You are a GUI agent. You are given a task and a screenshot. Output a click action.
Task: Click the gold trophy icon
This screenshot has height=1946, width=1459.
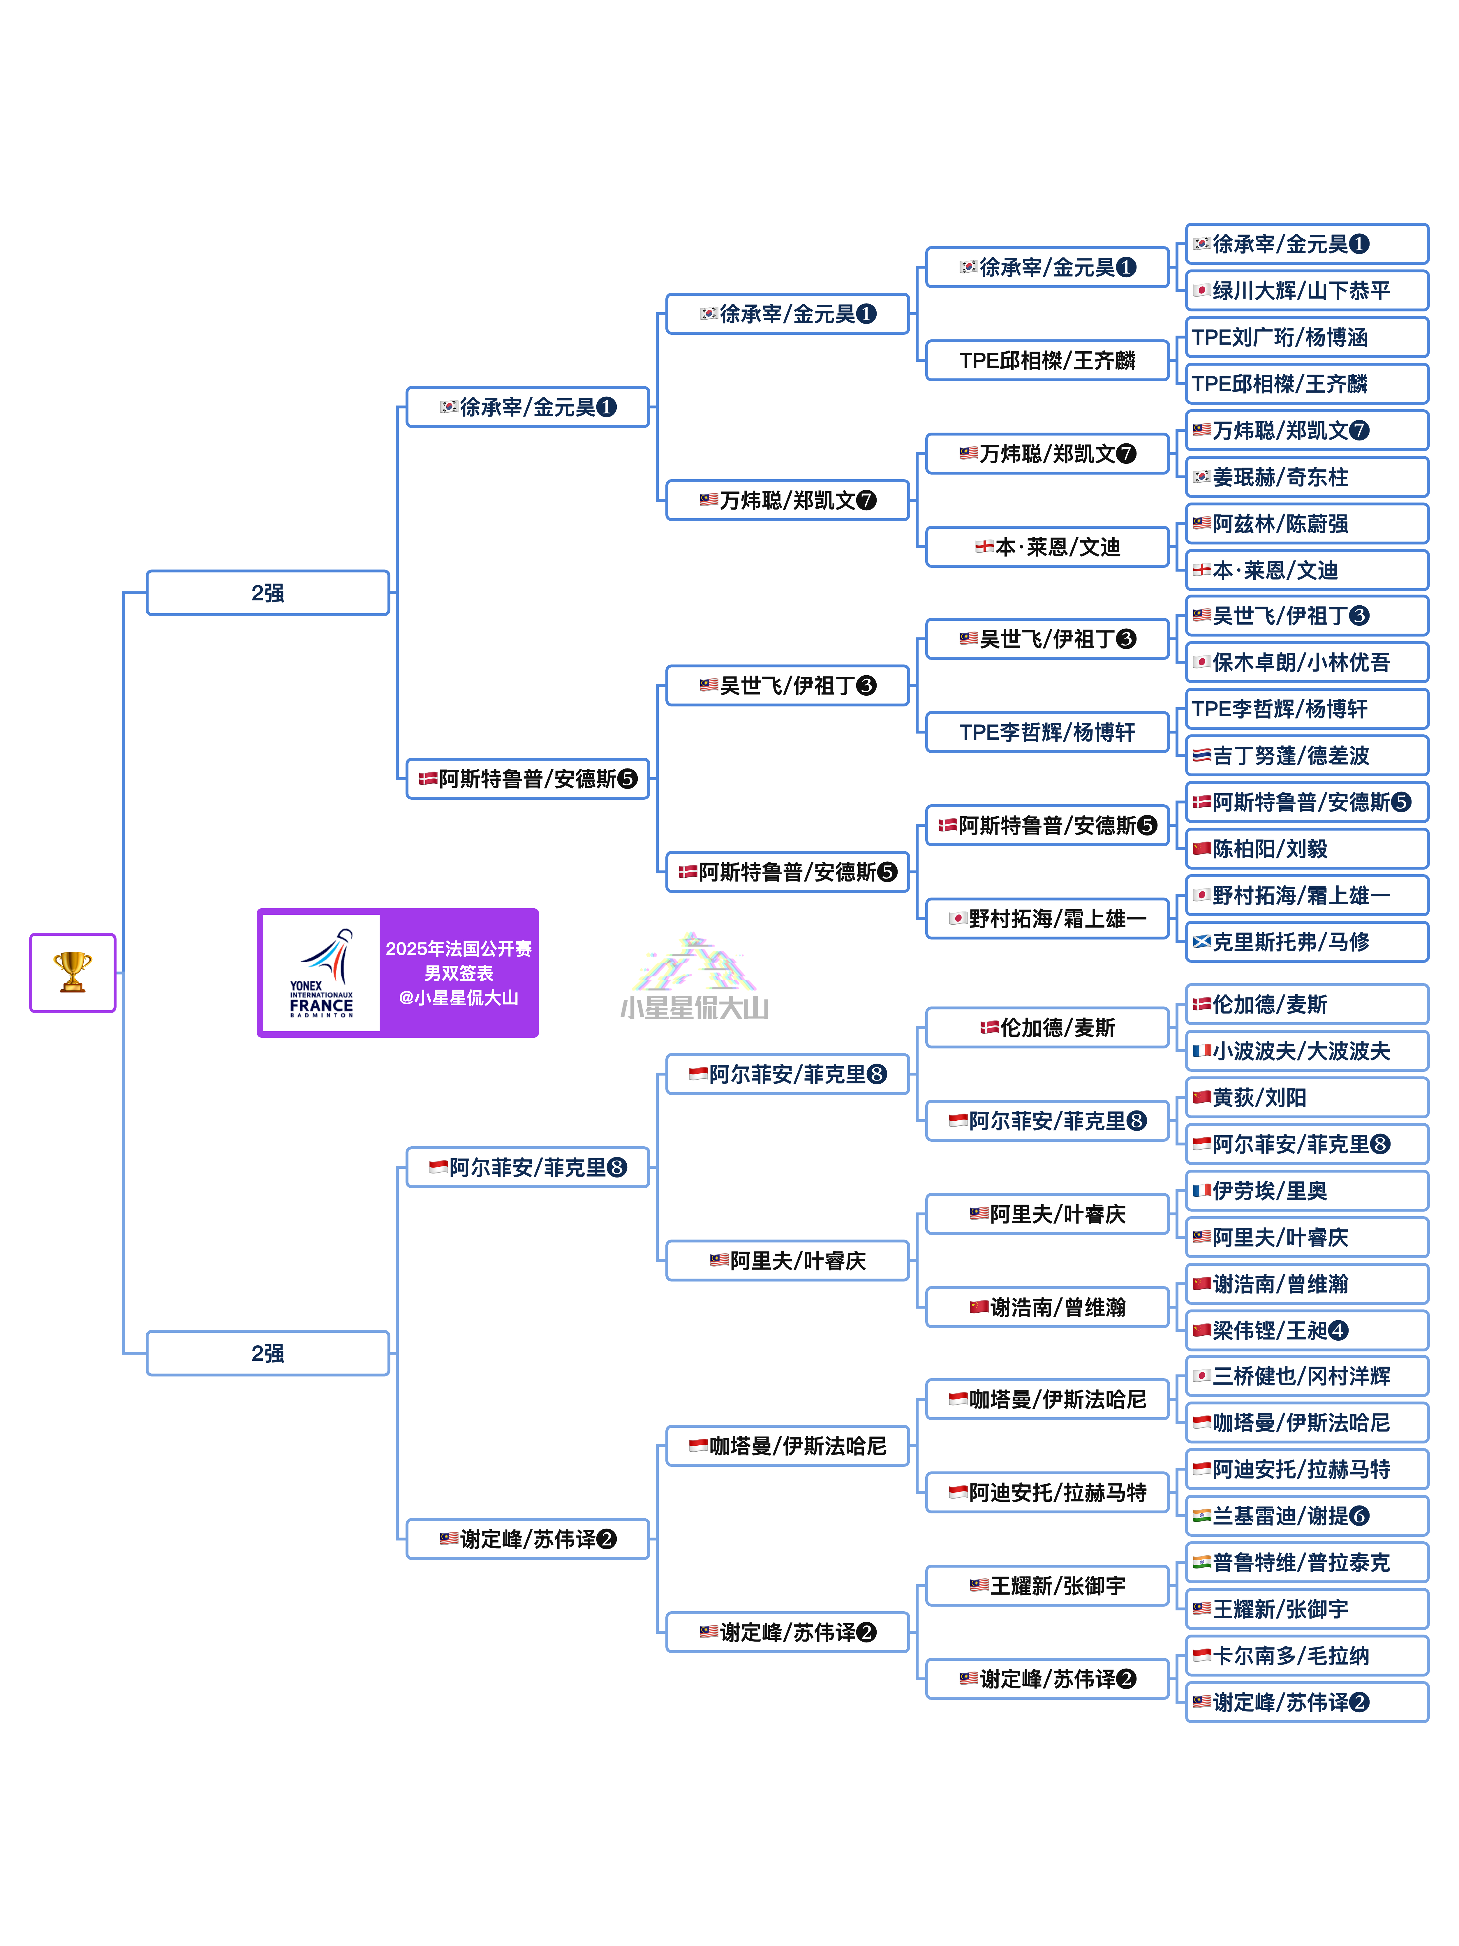pos(72,972)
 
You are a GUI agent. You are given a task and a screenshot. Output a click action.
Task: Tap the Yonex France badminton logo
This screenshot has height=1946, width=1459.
pos(321,973)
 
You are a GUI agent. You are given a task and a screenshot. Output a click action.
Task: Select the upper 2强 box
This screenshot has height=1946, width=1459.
pos(267,593)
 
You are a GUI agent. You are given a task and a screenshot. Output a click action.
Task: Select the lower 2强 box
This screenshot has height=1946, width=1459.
pos(267,1353)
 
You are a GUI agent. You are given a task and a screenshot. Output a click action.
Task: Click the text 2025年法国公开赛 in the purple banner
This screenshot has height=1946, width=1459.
pos(459,948)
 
